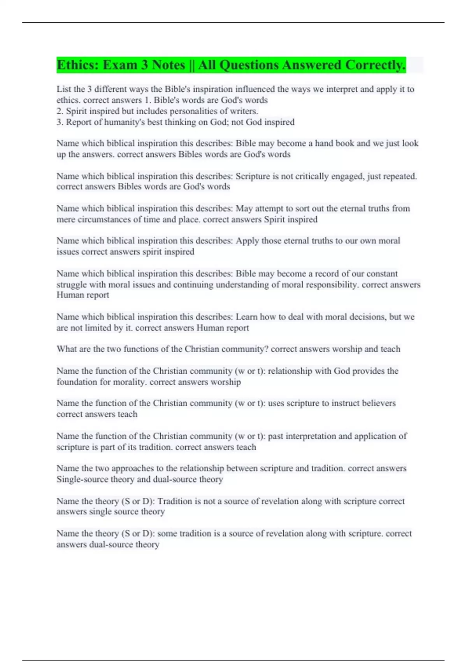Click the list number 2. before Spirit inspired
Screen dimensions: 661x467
point(60,111)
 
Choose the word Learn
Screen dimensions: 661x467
point(247,317)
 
